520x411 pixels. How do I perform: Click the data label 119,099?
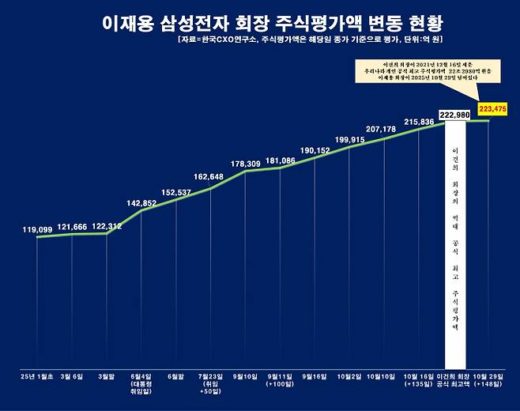tap(38, 230)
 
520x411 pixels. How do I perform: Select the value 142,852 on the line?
tap(143, 203)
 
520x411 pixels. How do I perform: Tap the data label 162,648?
tap(212, 177)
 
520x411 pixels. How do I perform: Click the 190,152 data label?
tap(315, 149)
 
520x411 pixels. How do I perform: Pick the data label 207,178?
tap(384, 129)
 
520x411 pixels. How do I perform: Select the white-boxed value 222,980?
tap(454, 115)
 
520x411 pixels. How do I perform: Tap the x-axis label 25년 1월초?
tap(38, 376)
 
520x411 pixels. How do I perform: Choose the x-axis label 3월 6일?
tap(73, 376)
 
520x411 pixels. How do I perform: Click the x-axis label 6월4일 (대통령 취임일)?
tap(142, 383)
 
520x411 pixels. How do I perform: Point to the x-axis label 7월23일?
tap(212, 376)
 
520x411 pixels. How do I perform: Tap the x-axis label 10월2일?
tap(350, 376)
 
